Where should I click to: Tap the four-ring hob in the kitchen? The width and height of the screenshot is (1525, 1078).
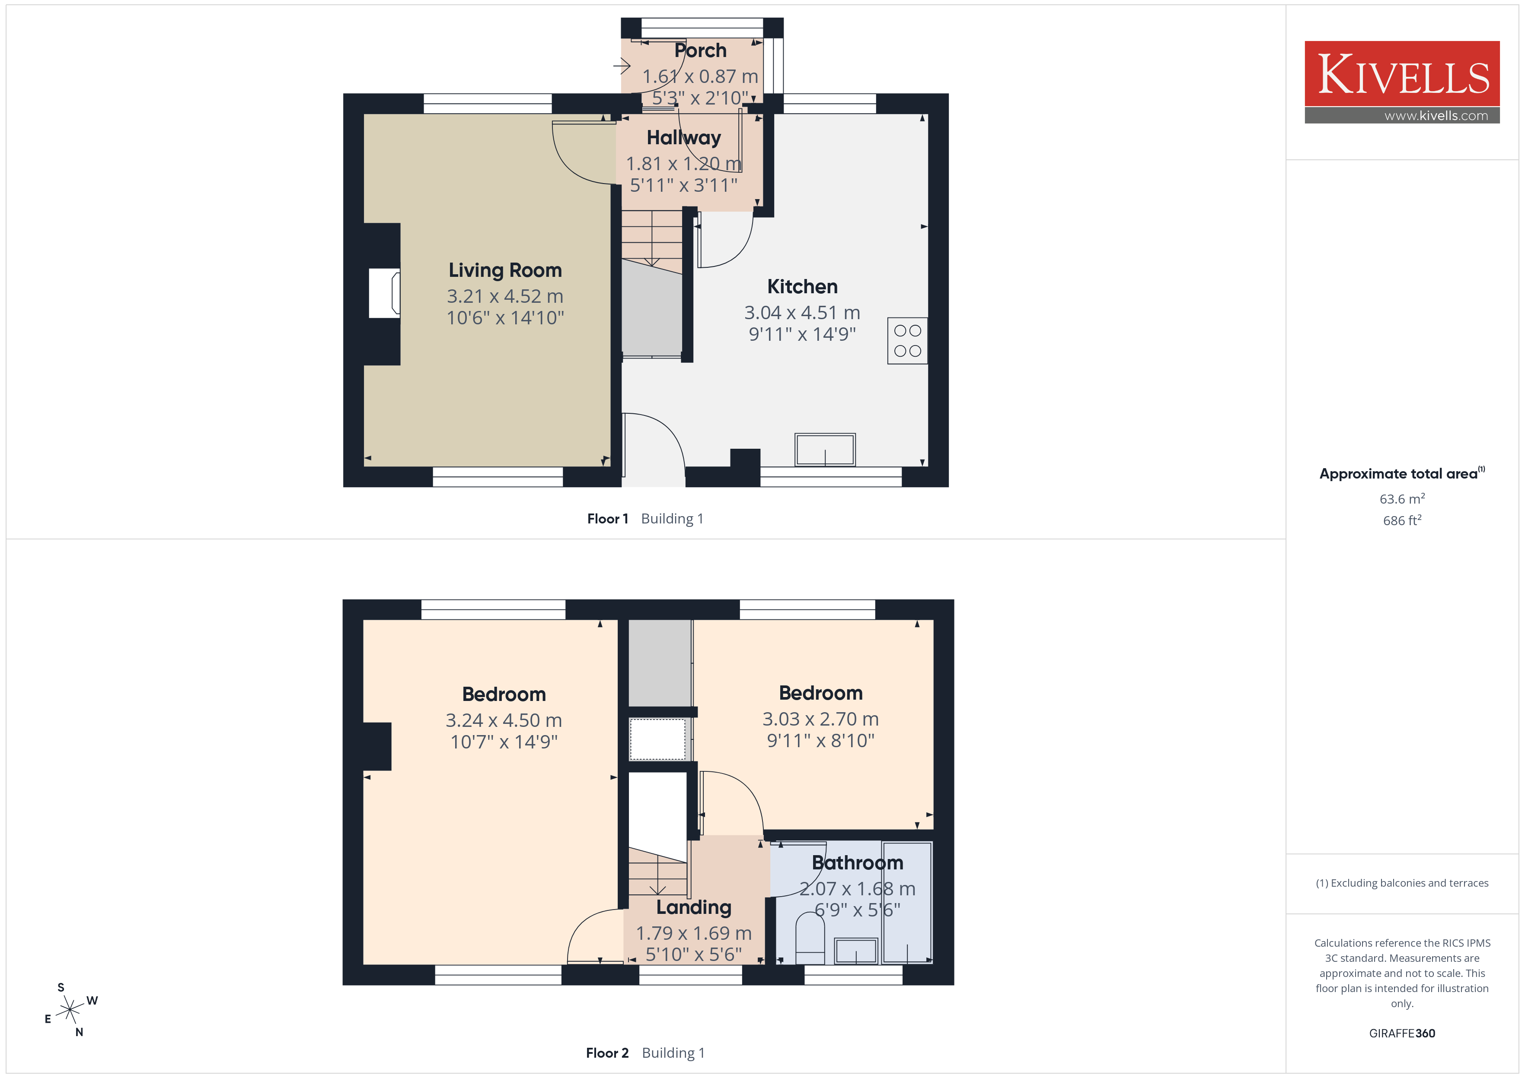tap(907, 340)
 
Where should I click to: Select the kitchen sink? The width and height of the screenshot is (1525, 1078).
tap(825, 450)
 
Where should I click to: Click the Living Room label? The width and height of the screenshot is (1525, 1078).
tap(505, 270)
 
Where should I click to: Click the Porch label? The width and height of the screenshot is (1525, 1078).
tap(700, 51)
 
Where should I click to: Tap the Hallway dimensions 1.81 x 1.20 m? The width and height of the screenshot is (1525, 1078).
tap(683, 163)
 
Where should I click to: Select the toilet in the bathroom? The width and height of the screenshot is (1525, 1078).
tap(810, 937)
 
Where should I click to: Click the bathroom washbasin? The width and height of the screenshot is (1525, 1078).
tap(856, 951)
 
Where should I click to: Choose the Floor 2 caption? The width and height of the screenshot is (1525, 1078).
tap(607, 1053)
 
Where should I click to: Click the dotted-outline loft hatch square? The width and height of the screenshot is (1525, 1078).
tap(657, 739)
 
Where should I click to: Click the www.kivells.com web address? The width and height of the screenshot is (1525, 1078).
tap(1436, 115)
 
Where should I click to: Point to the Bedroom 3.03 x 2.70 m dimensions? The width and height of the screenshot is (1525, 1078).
tap(820, 719)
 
